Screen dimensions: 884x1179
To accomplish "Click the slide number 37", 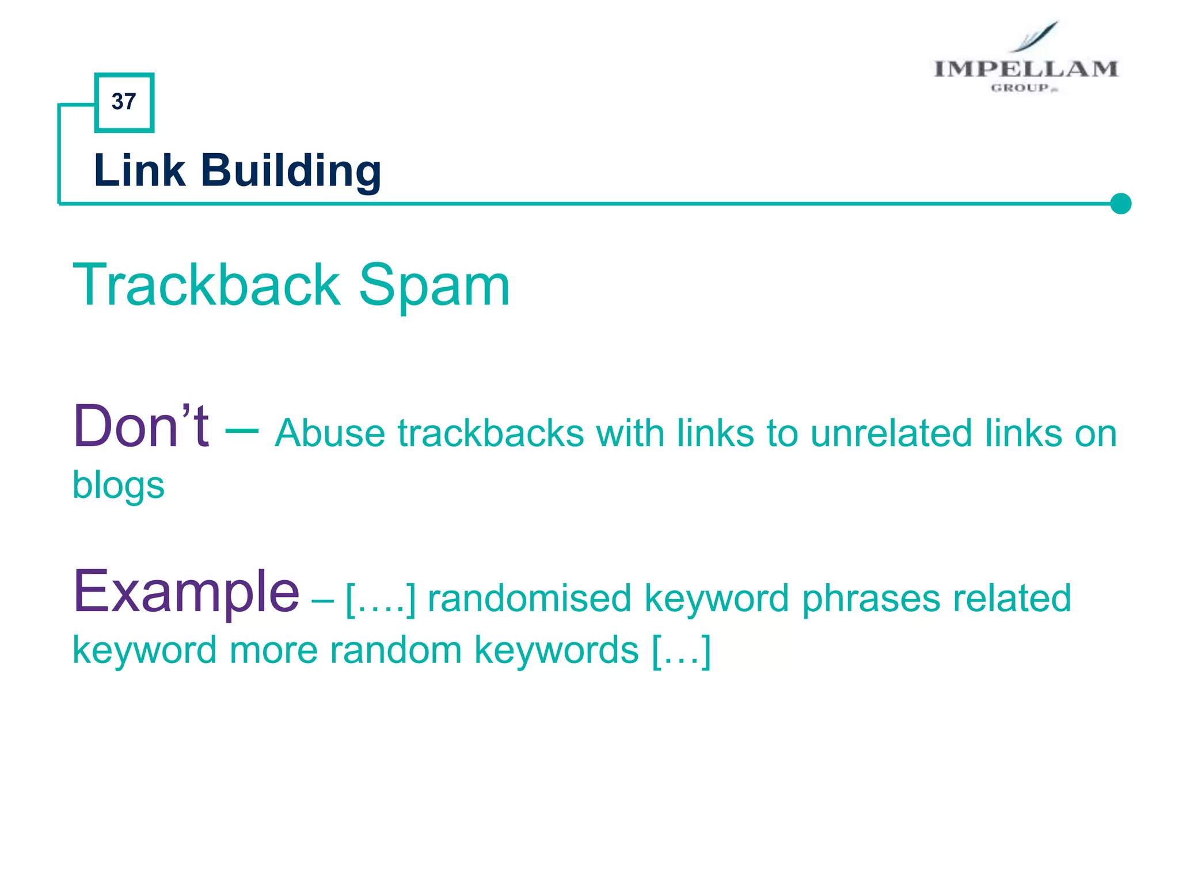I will pos(124,102).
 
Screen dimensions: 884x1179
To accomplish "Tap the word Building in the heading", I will pos(291,172).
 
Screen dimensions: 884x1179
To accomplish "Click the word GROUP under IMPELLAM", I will pos(1020,88).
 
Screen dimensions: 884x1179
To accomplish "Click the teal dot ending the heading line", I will pos(1120,203).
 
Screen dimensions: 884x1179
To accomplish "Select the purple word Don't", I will pos(141,426).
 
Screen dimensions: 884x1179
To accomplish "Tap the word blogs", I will pos(118,485).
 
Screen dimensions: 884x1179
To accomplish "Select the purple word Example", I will pos(186,591).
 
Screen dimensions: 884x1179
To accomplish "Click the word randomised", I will pos(529,598).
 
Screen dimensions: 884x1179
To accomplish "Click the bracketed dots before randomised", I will pos(381,599).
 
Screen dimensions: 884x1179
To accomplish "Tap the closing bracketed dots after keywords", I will pos(682,651).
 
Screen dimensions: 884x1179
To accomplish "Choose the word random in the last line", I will pos(396,650).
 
